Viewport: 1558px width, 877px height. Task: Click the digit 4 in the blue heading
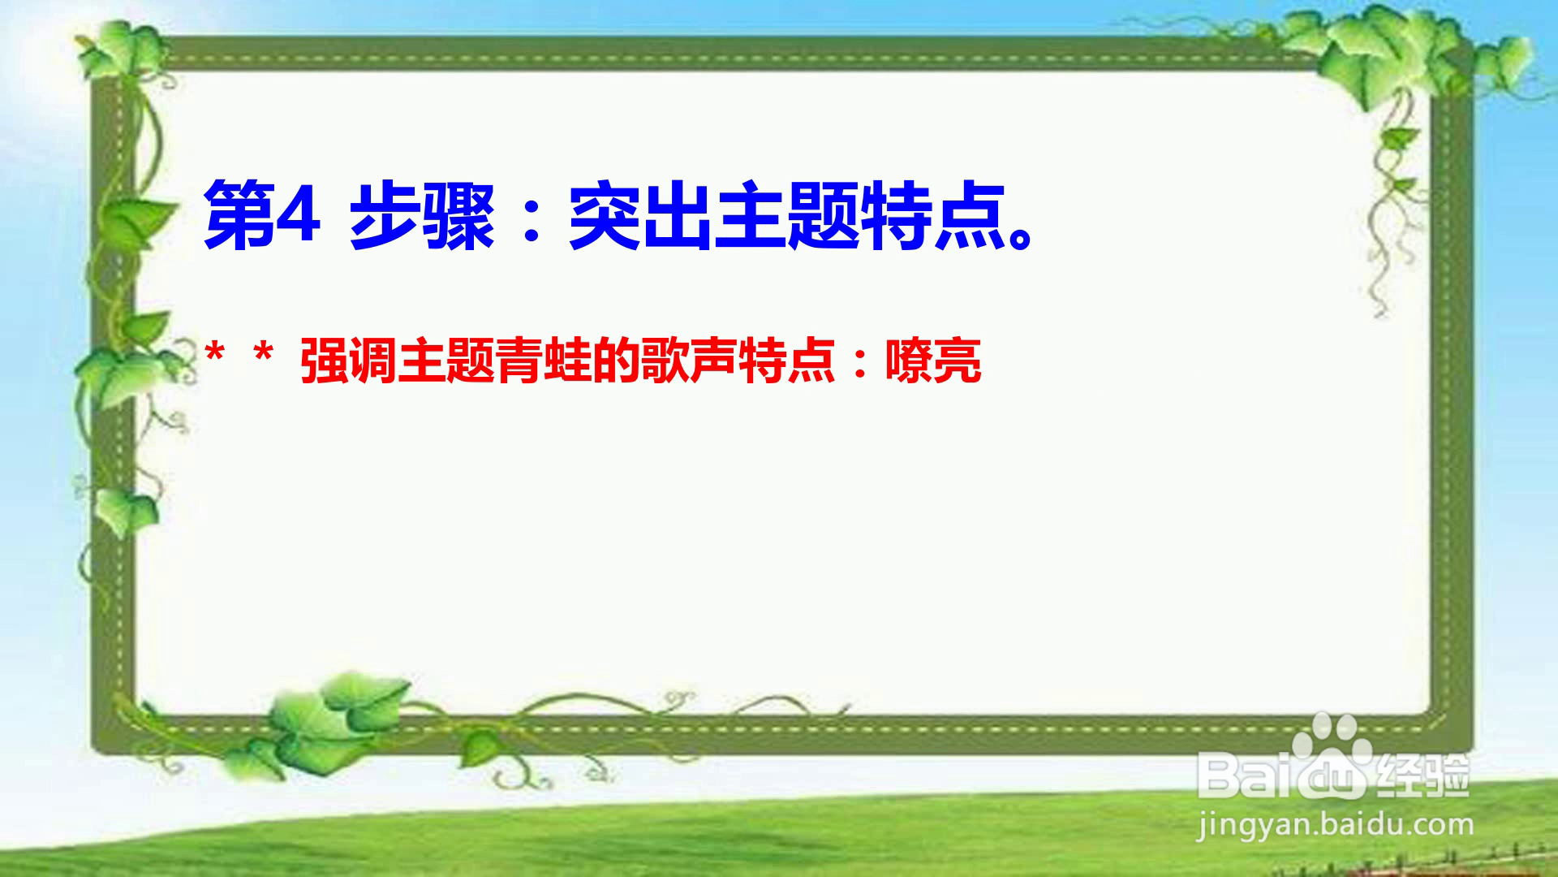tap(297, 214)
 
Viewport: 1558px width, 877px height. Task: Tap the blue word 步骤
tap(422, 216)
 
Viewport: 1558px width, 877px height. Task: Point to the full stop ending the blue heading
tap(1021, 236)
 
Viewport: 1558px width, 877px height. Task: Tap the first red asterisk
tap(215, 355)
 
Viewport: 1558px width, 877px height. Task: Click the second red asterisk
tap(263, 355)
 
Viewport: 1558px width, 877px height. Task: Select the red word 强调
tap(348, 361)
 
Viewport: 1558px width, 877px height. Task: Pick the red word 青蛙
tap(543, 361)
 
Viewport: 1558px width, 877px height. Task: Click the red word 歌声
tap(689, 361)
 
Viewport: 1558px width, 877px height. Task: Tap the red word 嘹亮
tap(933, 361)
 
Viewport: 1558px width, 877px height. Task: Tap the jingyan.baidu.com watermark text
tap(1336, 827)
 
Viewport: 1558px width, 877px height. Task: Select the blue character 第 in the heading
tap(239, 216)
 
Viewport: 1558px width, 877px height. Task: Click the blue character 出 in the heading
tap(676, 216)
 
